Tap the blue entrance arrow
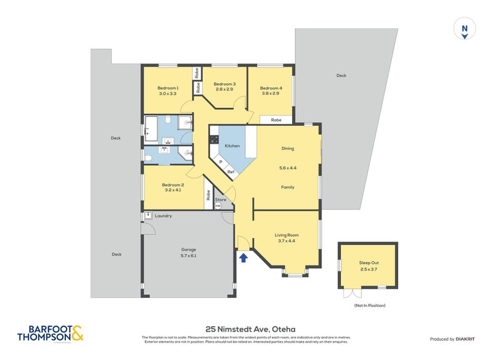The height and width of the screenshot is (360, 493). click(x=243, y=257)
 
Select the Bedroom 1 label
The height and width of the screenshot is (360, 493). click(x=168, y=88)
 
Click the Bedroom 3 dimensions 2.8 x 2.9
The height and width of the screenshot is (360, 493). click(x=224, y=89)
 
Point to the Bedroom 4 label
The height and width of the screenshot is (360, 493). click(x=271, y=88)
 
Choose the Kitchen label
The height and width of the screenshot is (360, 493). click(x=232, y=145)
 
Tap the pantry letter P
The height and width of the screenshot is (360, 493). click(x=220, y=161)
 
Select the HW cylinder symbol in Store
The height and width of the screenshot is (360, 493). click(x=218, y=206)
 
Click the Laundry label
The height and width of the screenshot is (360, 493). click(x=163, y=216)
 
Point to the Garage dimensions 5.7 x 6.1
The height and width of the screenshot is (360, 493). click(x=189, y=255)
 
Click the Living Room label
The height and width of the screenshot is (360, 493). click(x=287, y=235)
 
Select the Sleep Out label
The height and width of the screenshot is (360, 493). click(x=369, y=262)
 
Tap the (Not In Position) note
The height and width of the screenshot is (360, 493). click(x=369, y=305)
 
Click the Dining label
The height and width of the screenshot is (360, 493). click(x=287, y=149)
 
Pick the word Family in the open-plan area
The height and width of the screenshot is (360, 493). click(x=287, y=187)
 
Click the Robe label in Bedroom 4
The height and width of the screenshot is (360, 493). click(x=276, y=120)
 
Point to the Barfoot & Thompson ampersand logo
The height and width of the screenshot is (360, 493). click(x=77, y=334)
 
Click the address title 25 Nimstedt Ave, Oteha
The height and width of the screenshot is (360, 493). click(x=246, y=329)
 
